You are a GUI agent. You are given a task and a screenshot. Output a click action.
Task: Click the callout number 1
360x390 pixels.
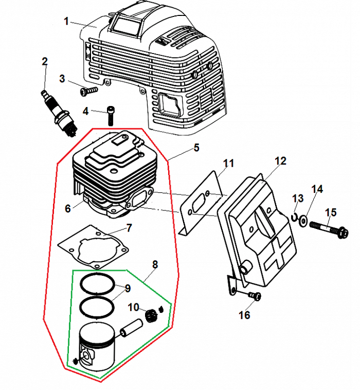[66, 21]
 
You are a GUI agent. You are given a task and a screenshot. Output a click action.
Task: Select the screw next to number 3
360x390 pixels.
[89, 91]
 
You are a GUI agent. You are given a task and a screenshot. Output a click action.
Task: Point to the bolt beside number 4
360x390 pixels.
[111, 115]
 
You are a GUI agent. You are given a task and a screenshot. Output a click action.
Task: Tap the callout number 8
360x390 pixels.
[155, 264]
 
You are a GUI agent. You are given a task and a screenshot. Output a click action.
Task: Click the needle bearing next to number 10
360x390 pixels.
[151, 312]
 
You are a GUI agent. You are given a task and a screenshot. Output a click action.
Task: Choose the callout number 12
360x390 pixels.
[280, 161]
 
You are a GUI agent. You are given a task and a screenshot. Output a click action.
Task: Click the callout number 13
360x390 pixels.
[298, 199]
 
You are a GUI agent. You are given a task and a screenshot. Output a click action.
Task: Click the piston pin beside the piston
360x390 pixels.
[132, 328]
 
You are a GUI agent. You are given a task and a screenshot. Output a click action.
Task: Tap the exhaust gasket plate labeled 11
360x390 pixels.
[201, 206]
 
